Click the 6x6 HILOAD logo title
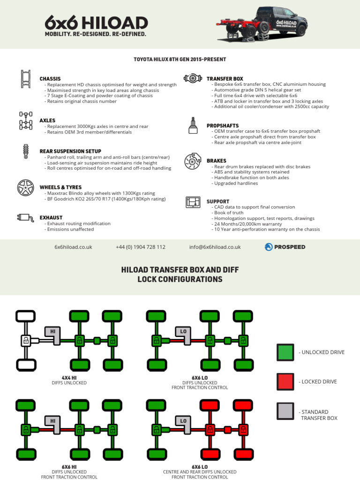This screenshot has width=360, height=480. [96, 22]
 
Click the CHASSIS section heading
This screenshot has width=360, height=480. [50, 79]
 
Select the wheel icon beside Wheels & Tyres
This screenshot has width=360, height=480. [25, 187]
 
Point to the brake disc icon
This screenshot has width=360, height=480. [192, 161]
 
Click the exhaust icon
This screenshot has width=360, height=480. [25, 217]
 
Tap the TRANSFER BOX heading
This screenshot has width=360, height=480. [225, 79]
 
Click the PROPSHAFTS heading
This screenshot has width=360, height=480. [223, 126]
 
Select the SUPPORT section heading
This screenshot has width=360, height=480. [218, 202]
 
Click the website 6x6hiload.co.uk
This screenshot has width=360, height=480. [73, 247]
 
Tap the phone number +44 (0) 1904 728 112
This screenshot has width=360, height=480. [140, 247]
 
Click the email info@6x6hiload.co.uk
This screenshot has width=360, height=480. [215, 247]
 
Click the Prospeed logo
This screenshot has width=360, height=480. [285, 247]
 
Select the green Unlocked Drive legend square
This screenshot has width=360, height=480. [285, 352]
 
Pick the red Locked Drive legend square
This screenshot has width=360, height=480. [285, 382]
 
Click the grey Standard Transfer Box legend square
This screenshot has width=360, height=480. [285, 411]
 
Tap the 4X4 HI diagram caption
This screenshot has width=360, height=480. [69, 377]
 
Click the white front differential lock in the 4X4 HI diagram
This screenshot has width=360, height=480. [26, 340]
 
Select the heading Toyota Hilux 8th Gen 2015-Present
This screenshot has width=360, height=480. [180, 60]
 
